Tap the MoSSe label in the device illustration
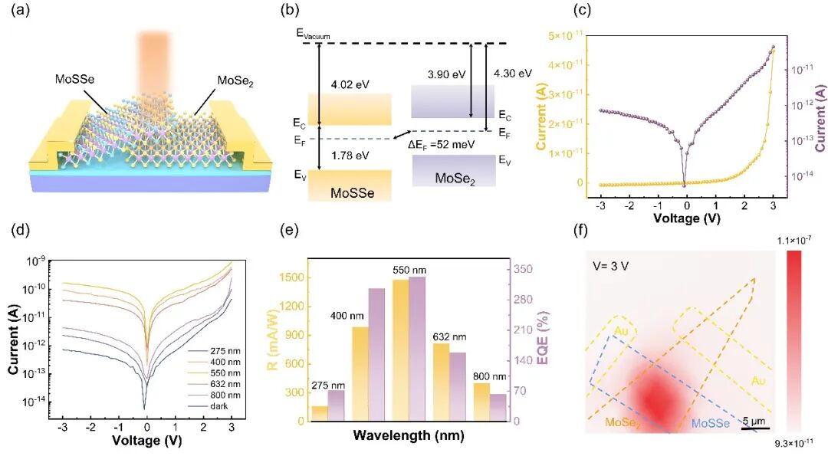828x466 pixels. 75,79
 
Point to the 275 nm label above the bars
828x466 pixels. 328,386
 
